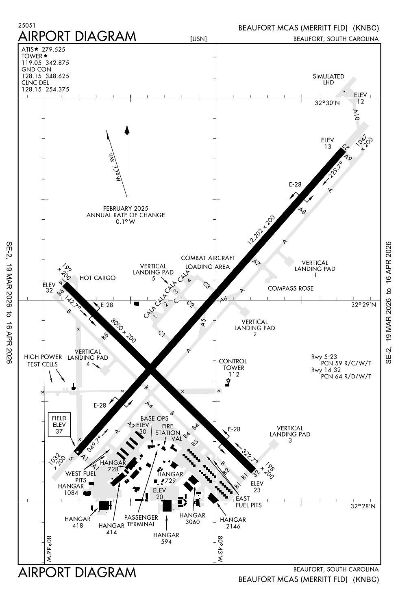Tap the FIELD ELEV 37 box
click(x=59, y=425)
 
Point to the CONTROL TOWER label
click(x=233, y=365)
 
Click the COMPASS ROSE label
click(x=291, y=288)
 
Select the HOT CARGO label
click(x=98, y=278)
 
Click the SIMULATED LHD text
click(x=328, y=79)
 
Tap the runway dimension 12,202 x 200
click(x=261, y=230)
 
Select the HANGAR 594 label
click(x=166, y=538)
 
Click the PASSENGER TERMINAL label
click(x=141, y=520)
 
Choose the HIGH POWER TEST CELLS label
click(x=43, y=361)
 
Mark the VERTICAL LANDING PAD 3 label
click(x=290, y=434)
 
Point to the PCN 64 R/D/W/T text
click(x=346, y=376)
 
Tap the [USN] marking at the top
click(x=198, y=39)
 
